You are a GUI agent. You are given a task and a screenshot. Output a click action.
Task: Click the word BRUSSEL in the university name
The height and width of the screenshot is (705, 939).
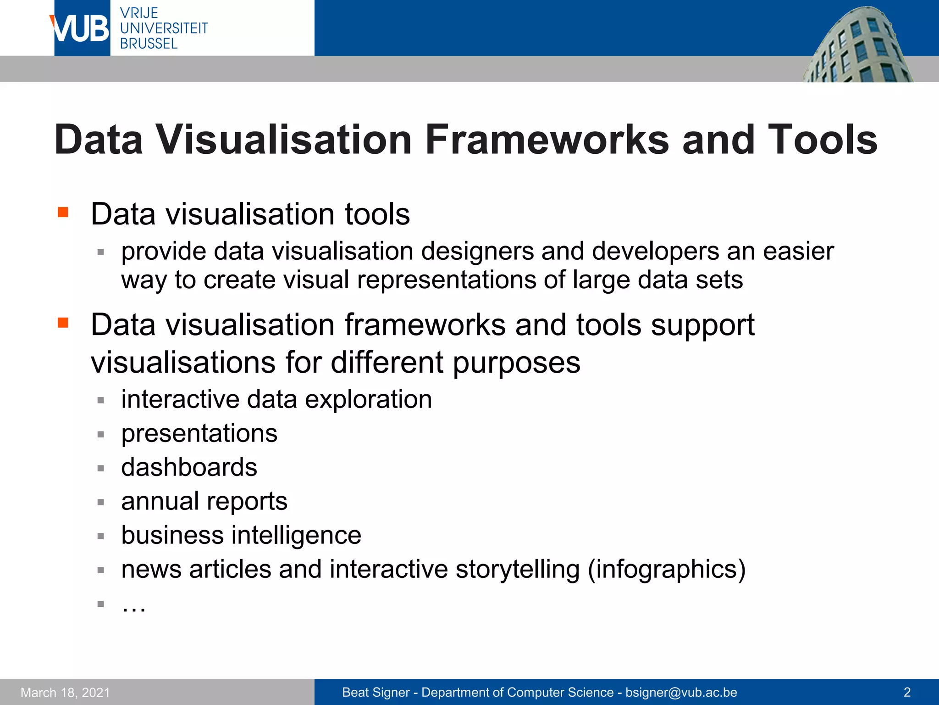(149, 44)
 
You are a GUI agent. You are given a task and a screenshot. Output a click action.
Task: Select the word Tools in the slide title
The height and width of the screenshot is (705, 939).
(822, 140)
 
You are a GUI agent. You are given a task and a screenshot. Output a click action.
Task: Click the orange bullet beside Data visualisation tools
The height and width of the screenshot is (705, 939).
(63, 212)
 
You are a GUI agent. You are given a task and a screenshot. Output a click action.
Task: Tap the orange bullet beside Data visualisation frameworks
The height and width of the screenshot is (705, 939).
(63, 323)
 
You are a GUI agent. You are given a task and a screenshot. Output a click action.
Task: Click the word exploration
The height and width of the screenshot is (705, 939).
(368, 399)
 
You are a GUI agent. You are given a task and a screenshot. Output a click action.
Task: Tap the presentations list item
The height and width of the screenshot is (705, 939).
(199, 433)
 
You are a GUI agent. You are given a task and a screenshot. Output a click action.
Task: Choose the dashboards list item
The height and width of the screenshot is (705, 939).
(189, 467)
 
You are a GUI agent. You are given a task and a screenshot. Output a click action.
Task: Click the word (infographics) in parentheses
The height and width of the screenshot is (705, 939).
(667, 570)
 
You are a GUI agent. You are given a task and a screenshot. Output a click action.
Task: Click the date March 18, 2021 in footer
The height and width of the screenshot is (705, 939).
(65, 693)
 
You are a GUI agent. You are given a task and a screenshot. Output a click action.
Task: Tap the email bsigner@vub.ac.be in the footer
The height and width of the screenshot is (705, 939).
(681, 693)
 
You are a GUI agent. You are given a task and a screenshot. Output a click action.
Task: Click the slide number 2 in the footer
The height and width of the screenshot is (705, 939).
(906, 692)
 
